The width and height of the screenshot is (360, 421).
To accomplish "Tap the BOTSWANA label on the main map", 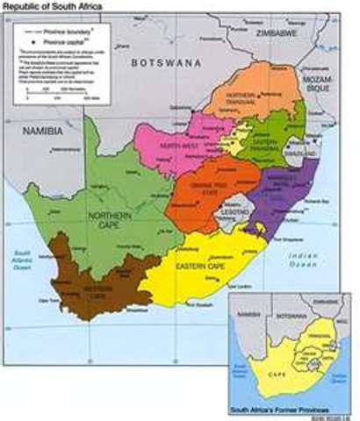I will (163, 63).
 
